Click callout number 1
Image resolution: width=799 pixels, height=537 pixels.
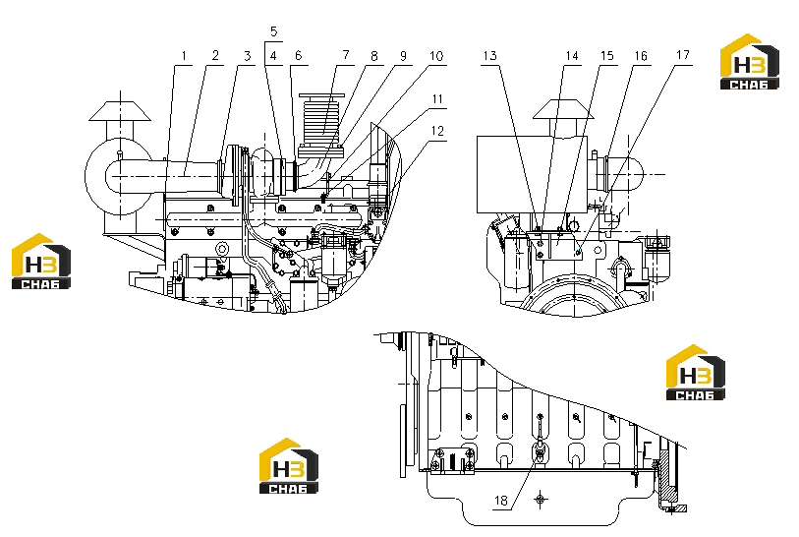[x=184, y=56]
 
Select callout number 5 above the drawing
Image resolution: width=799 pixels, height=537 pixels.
[x=273, y=31]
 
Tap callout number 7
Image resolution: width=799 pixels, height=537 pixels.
[x=346, y=55]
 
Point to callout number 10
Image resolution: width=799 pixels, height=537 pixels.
[x=436, y=56]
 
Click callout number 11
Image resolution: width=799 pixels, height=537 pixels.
[x=437, y=99]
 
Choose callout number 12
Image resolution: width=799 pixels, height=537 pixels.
[x=437, y=131]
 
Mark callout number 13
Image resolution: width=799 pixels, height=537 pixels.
[x=489, y=56]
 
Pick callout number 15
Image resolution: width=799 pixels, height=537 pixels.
[x=607, y=56]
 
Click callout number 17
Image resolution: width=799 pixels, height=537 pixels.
[x=683, y=54]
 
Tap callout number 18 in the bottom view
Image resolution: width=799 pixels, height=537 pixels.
[x=501, y=501]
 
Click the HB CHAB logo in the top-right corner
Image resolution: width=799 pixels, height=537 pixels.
[x=750, y=62]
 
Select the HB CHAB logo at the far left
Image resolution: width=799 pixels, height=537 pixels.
[x=41, y=261]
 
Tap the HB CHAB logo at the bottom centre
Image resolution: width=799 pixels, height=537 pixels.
[x=289, y=465]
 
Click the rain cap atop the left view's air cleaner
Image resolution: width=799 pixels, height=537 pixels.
[x=120, y=111]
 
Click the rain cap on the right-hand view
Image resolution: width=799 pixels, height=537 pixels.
[x=563, y=109]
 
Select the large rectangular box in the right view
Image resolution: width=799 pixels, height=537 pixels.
[x=532, y=174]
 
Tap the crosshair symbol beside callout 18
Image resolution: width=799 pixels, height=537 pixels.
[x=541, y=499]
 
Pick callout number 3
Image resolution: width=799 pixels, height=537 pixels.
[x=247, y=56]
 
